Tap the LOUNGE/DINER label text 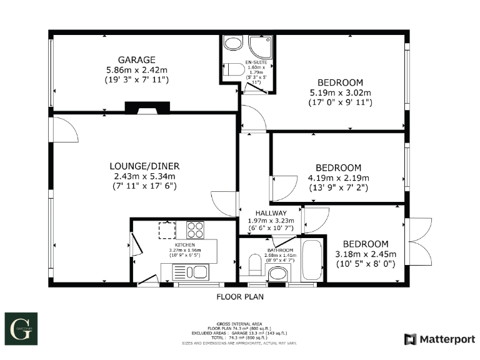[144, 166]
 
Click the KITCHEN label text [184, 245]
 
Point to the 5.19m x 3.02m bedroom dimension [341, 93]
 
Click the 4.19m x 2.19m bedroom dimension [338, 177]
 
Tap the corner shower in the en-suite [257, 46]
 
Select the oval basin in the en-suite [232, 43]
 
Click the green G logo [22, 327]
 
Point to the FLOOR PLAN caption [240, 297]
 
